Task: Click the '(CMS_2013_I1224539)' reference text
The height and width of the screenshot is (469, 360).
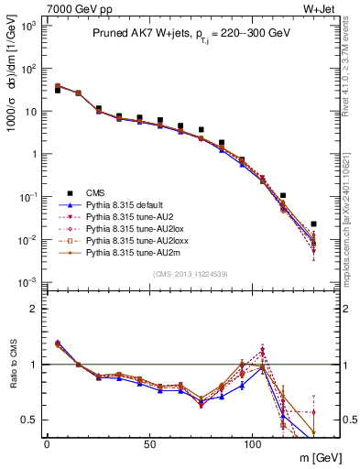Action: tap(190, 272)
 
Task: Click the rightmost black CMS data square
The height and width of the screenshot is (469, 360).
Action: tap(313, 224)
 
